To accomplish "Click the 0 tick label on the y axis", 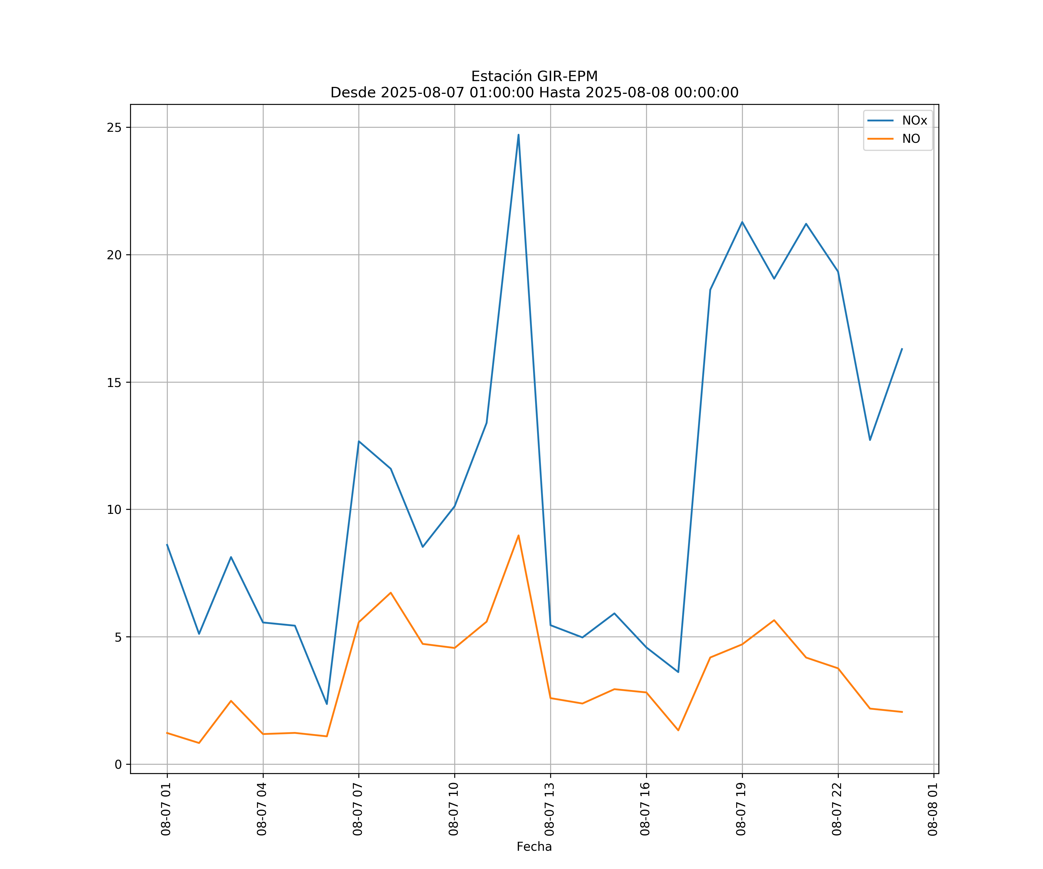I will (118, 765).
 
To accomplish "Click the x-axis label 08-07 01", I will (166, 809).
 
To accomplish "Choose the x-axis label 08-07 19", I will (741, 809).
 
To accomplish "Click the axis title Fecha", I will (534, 847).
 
